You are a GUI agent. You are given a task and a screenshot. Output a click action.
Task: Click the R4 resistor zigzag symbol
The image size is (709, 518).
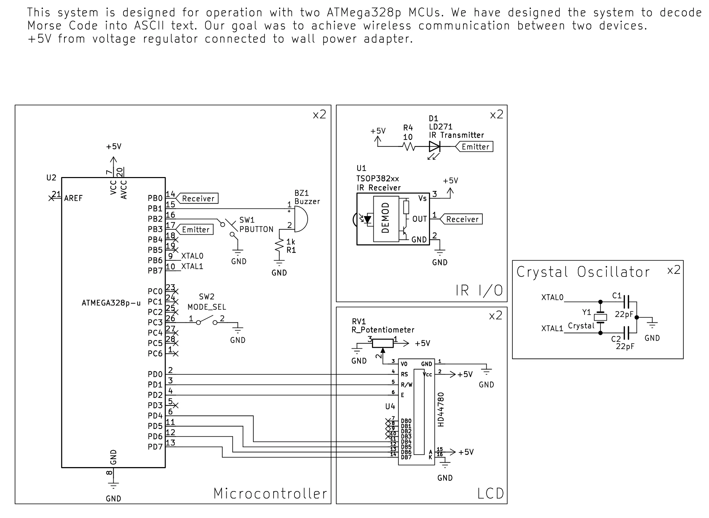click(x=408, y=147)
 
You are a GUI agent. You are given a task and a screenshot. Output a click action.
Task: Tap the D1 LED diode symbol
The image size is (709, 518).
click(x=434, y=147)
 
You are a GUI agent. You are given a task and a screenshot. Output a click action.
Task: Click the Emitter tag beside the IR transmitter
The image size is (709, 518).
click(x=475, y=147)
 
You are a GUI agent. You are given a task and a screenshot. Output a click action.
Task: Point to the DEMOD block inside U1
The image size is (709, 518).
click(x=385, y=219)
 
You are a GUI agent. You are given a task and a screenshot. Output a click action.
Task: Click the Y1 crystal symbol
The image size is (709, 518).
click(x=600, y=317)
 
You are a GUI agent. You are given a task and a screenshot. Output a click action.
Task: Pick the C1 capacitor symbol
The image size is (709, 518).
click(x=626, y=301)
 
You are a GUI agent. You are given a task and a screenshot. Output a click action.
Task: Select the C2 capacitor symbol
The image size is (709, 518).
click(x=626, y=333)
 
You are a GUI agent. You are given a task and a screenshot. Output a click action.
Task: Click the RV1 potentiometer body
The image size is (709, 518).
click(x=382, y=343)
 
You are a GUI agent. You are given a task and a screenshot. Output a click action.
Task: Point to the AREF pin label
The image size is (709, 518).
click(x=73, y=198)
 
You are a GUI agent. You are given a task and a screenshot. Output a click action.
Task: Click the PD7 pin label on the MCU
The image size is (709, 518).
click(x=155, y=447)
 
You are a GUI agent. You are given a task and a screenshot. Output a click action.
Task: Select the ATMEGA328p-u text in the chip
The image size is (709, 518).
click(x=111, y=303)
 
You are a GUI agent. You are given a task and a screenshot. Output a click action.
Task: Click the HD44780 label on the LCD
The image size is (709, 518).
click(x=441, y=409)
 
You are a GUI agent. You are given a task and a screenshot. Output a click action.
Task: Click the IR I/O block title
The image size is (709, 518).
click(x=479, y=290)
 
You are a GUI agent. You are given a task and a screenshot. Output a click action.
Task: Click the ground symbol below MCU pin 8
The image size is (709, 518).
click(x=113, y=486)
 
